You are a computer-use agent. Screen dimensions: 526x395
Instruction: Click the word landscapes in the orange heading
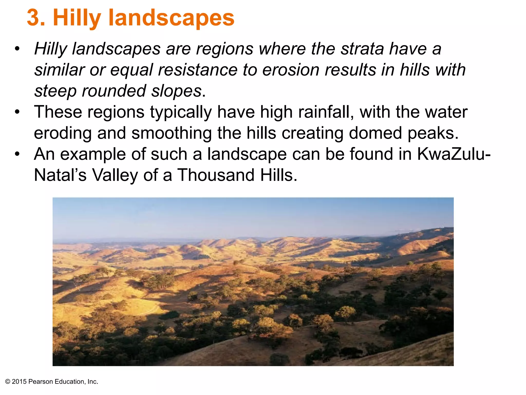coord(171,18)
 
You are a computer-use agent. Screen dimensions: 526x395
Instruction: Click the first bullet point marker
coord(17,49)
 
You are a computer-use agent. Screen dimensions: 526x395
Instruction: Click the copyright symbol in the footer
coord(8,382)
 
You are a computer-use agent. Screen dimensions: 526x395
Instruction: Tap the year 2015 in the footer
coord(19,382)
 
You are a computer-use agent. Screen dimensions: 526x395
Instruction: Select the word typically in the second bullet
coord(181,112)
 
